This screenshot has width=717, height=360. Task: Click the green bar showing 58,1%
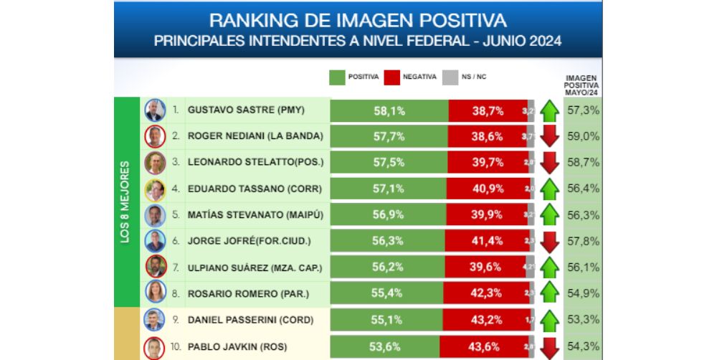(389, 111)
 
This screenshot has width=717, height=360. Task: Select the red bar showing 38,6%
(488, 136)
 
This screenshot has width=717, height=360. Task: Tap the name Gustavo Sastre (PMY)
(246, 111)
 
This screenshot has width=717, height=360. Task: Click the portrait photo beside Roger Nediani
(154, 136)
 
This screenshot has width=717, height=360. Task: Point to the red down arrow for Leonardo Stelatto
(550, 162)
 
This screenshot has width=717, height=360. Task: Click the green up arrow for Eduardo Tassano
(550, 189)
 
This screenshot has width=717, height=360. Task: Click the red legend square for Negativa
(391, 77)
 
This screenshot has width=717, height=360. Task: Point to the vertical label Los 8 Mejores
(125, 202)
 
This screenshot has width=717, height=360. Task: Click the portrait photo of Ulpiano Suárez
(154, 267)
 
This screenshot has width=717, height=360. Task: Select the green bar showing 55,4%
(386, 293)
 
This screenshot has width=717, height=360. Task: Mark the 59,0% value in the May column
(582, 136)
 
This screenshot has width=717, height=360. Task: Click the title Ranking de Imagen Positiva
(358, 20)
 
